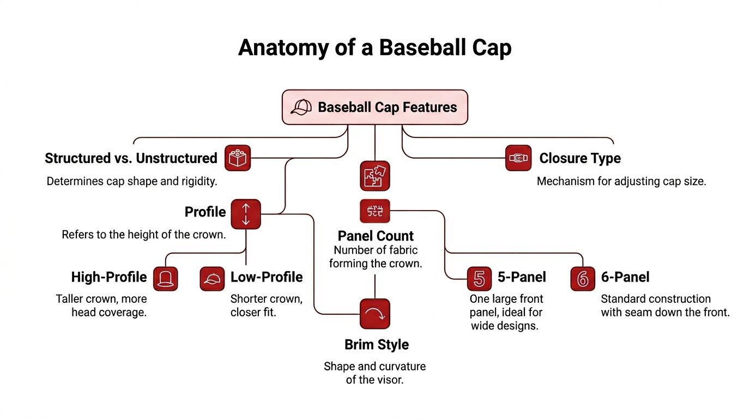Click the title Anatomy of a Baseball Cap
(374, 48)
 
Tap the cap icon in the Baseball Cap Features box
(301, 107)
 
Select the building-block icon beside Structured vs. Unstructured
(237, 158)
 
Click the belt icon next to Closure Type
(518, 158)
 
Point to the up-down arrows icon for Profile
(246, 214)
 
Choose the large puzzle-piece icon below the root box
(375, 176)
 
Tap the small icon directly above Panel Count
(375, 211)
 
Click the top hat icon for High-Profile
(166, 278)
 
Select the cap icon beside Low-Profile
(212, 278)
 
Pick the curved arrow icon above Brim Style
(375, 314)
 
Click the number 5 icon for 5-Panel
(480, 278)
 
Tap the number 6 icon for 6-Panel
(583, 278)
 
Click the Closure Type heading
(580, 158)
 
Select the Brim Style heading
(377, 345)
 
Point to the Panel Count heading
(376, 236)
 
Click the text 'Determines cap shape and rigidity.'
(132, 181)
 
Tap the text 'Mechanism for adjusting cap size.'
(621, 181)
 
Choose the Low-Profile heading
(267, 277)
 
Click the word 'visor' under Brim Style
(389, 380)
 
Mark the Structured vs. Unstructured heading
(131, 158)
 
